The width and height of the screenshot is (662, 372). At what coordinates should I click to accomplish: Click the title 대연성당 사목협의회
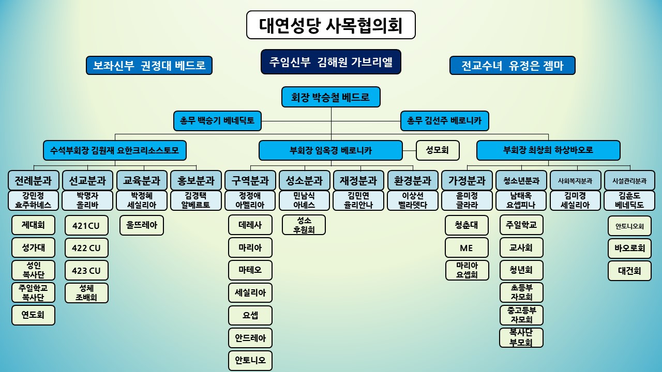(331, 25)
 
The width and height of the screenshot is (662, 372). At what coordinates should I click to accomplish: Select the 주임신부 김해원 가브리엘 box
(331, 62)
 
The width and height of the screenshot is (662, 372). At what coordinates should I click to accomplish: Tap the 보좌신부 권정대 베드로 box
(149, 66)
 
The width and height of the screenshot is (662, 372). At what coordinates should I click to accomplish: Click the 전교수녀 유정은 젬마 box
(512, 66)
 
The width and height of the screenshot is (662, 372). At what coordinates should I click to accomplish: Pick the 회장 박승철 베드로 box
(331, 97)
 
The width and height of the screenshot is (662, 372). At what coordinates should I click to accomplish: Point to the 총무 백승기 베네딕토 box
(217, 121)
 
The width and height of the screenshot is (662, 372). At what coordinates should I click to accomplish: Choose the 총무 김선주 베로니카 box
(444, 121)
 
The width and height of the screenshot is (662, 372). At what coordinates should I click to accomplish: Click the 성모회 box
(438, 150)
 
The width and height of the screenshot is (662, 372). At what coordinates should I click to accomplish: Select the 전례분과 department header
(33, 180)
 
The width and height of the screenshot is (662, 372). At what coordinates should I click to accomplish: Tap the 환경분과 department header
(412, 180)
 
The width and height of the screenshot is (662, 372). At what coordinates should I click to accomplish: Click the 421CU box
(86, 225)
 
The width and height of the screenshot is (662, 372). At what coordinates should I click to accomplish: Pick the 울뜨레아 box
(142, 225)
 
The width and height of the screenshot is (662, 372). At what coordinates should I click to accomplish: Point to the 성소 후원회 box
(304, 225)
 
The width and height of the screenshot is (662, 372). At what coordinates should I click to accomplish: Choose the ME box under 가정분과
(467, 248)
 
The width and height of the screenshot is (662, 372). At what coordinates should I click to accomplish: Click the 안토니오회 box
(629, 226)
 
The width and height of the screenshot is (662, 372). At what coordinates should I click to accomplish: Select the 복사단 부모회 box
(521, 338)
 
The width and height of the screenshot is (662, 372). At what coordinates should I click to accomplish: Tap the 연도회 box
(33, 315)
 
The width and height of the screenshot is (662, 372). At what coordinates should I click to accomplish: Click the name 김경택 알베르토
(195, 200)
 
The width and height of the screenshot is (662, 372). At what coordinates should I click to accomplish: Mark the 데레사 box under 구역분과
(250, 225)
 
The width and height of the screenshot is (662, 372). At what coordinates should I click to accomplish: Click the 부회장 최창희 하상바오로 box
(548, 150)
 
